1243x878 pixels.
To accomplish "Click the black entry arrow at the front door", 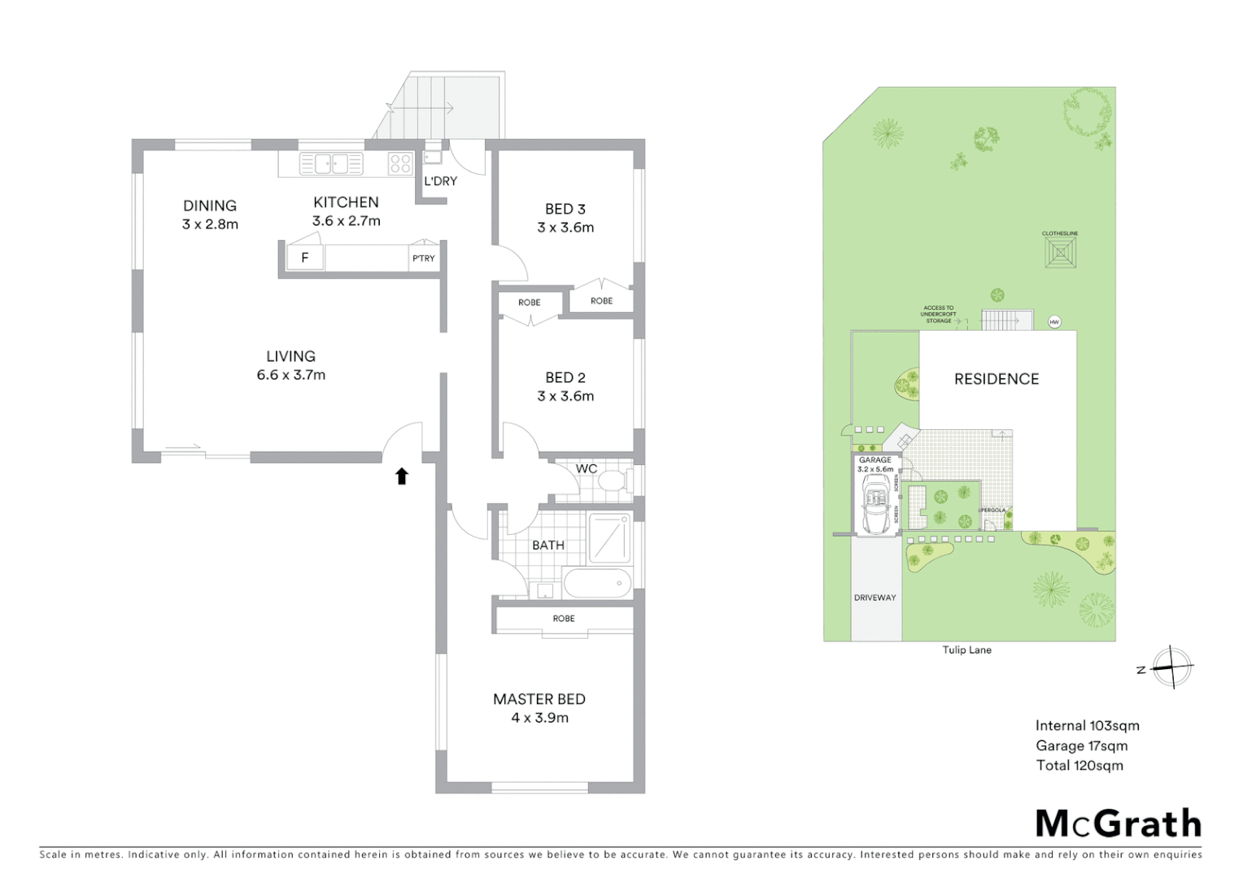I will (x=401, y=476).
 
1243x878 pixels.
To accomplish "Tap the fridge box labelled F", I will (x=305, y=259).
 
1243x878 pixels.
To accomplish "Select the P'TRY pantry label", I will (x=423, y=259).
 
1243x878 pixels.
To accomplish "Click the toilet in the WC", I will (x=611, y=482).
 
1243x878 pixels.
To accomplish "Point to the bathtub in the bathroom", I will (x=597, y=583).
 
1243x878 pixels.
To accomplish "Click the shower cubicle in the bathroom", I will (x=609, y=537).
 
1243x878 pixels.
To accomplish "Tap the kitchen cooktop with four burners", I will (x=400, y=163).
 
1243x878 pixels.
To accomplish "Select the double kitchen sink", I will (x=331, y=163).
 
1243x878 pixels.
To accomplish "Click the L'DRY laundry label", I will (x=440, y=180).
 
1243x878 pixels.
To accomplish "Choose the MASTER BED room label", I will (x=539, y=698).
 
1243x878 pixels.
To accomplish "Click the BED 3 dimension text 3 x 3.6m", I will (x=565, y=228).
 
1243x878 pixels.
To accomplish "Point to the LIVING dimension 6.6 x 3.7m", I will (x=290, y=375).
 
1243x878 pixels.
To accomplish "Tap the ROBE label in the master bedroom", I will (x=564, y=619).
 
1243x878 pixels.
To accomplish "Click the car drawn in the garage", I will (x=876, y=505).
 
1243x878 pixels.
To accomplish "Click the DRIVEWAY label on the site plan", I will (x=874, y=598).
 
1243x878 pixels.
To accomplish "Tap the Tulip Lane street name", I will (x=966, y=650).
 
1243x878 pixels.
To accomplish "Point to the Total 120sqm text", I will (x=1079, y=765).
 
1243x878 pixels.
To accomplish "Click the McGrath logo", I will (x=1118, y=824).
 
